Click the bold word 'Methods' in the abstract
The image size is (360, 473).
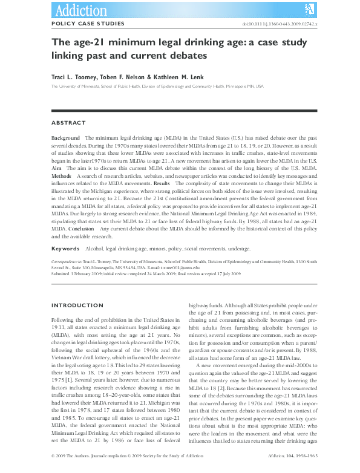click(x=62, y=175)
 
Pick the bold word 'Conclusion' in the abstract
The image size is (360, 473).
click(x=80, y=229)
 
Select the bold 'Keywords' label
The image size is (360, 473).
click(x=65, y=249)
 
